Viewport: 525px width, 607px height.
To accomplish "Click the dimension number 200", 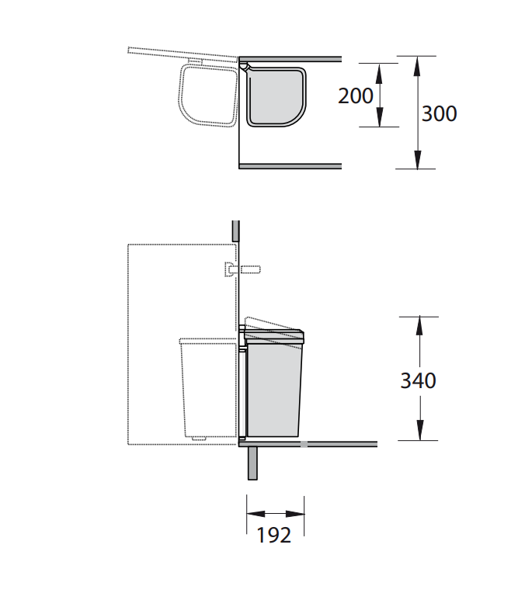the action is click(x=356, y=95).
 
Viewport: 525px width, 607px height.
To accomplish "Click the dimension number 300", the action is click(x=439, y=113).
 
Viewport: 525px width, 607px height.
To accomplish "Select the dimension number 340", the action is click(x=418, y=380).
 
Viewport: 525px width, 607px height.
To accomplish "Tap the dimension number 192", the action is click(x=273, y=536).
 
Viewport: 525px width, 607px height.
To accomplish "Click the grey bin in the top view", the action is click(x=276, y=96).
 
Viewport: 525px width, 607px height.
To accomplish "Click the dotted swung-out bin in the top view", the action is click(x=208, y=95).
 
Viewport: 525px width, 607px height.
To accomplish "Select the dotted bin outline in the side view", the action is click(x=208, y=389).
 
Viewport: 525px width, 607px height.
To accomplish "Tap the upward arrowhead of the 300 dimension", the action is click(x=417, y=66).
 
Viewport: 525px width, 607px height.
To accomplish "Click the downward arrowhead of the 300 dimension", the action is click(x=417, y=159).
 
